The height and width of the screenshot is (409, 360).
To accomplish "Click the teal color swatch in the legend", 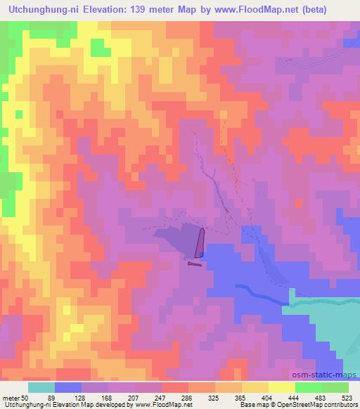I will coord(41,387).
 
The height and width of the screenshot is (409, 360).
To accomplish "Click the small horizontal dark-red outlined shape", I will coord(195,264).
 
